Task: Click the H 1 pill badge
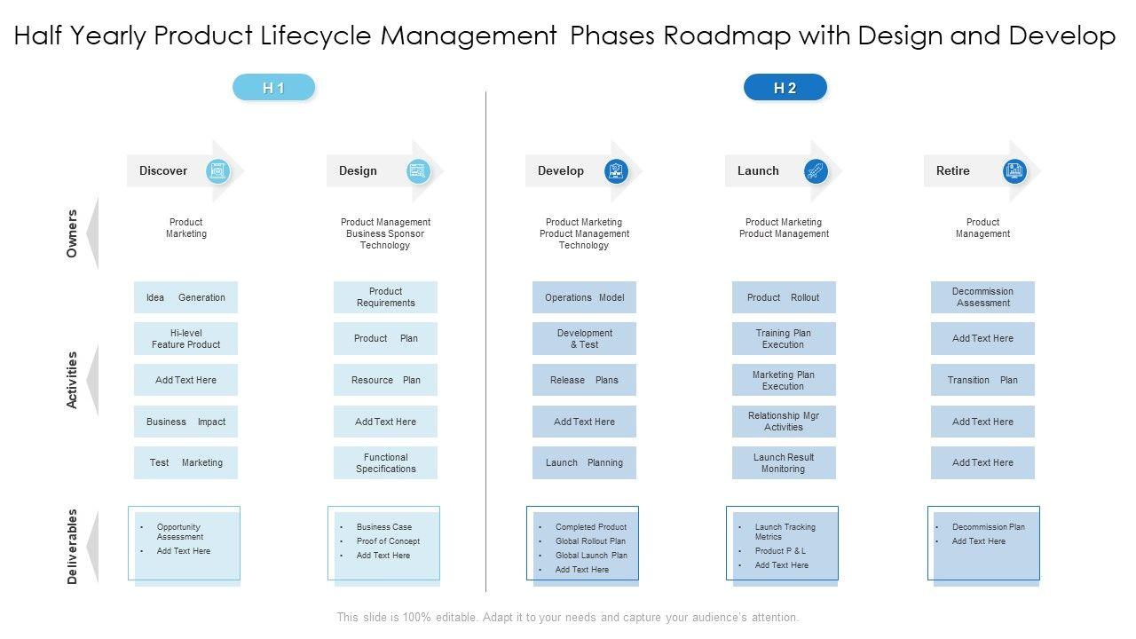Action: click(x=273, y=88)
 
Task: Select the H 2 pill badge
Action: click(x=785, y=88)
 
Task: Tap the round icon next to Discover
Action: click(x=217, y=171)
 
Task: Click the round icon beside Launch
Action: click(x=816, y=171)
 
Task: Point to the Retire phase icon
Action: click(x=1014, y=171)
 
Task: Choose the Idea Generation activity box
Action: click(x=185, y=297)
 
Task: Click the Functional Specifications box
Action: click(x=385, y=463)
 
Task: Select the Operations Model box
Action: click(x=584, y=297)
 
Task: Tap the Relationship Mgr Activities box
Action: click(x=784, y=422)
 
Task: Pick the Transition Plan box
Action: click(x=982, y=380)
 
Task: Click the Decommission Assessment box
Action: click(x=982, y=297)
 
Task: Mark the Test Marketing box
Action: click(x=185, y=462)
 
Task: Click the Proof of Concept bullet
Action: click(x=388, y=541)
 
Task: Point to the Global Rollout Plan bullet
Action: click(x=590, y=541)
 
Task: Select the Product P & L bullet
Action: click(x=780, y=551)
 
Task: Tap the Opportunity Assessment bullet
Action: click(x=180, y=532)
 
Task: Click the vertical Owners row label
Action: click(x=72, y=233)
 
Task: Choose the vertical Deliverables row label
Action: click(x=72, y=546)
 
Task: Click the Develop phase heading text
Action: click(x=561, y=171)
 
